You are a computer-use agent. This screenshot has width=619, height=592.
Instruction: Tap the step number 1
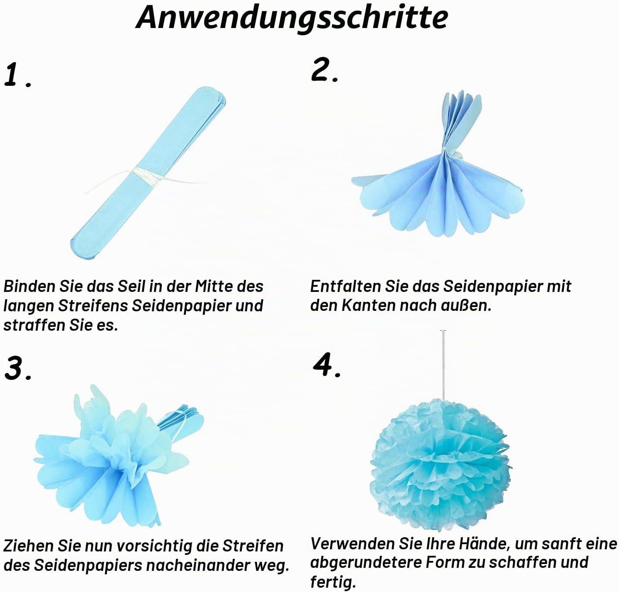click(x=18, y=75)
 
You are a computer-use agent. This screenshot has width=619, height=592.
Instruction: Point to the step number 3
click(x=18, y=368)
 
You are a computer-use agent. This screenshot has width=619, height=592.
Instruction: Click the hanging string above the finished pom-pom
click(x=443, y=365)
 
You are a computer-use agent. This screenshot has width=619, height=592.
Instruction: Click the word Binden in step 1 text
click(x=30, y=286)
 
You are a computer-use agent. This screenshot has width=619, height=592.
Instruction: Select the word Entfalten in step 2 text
click(x=346, y=286)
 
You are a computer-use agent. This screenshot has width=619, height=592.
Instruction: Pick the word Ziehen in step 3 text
click(x=28, y=546)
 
